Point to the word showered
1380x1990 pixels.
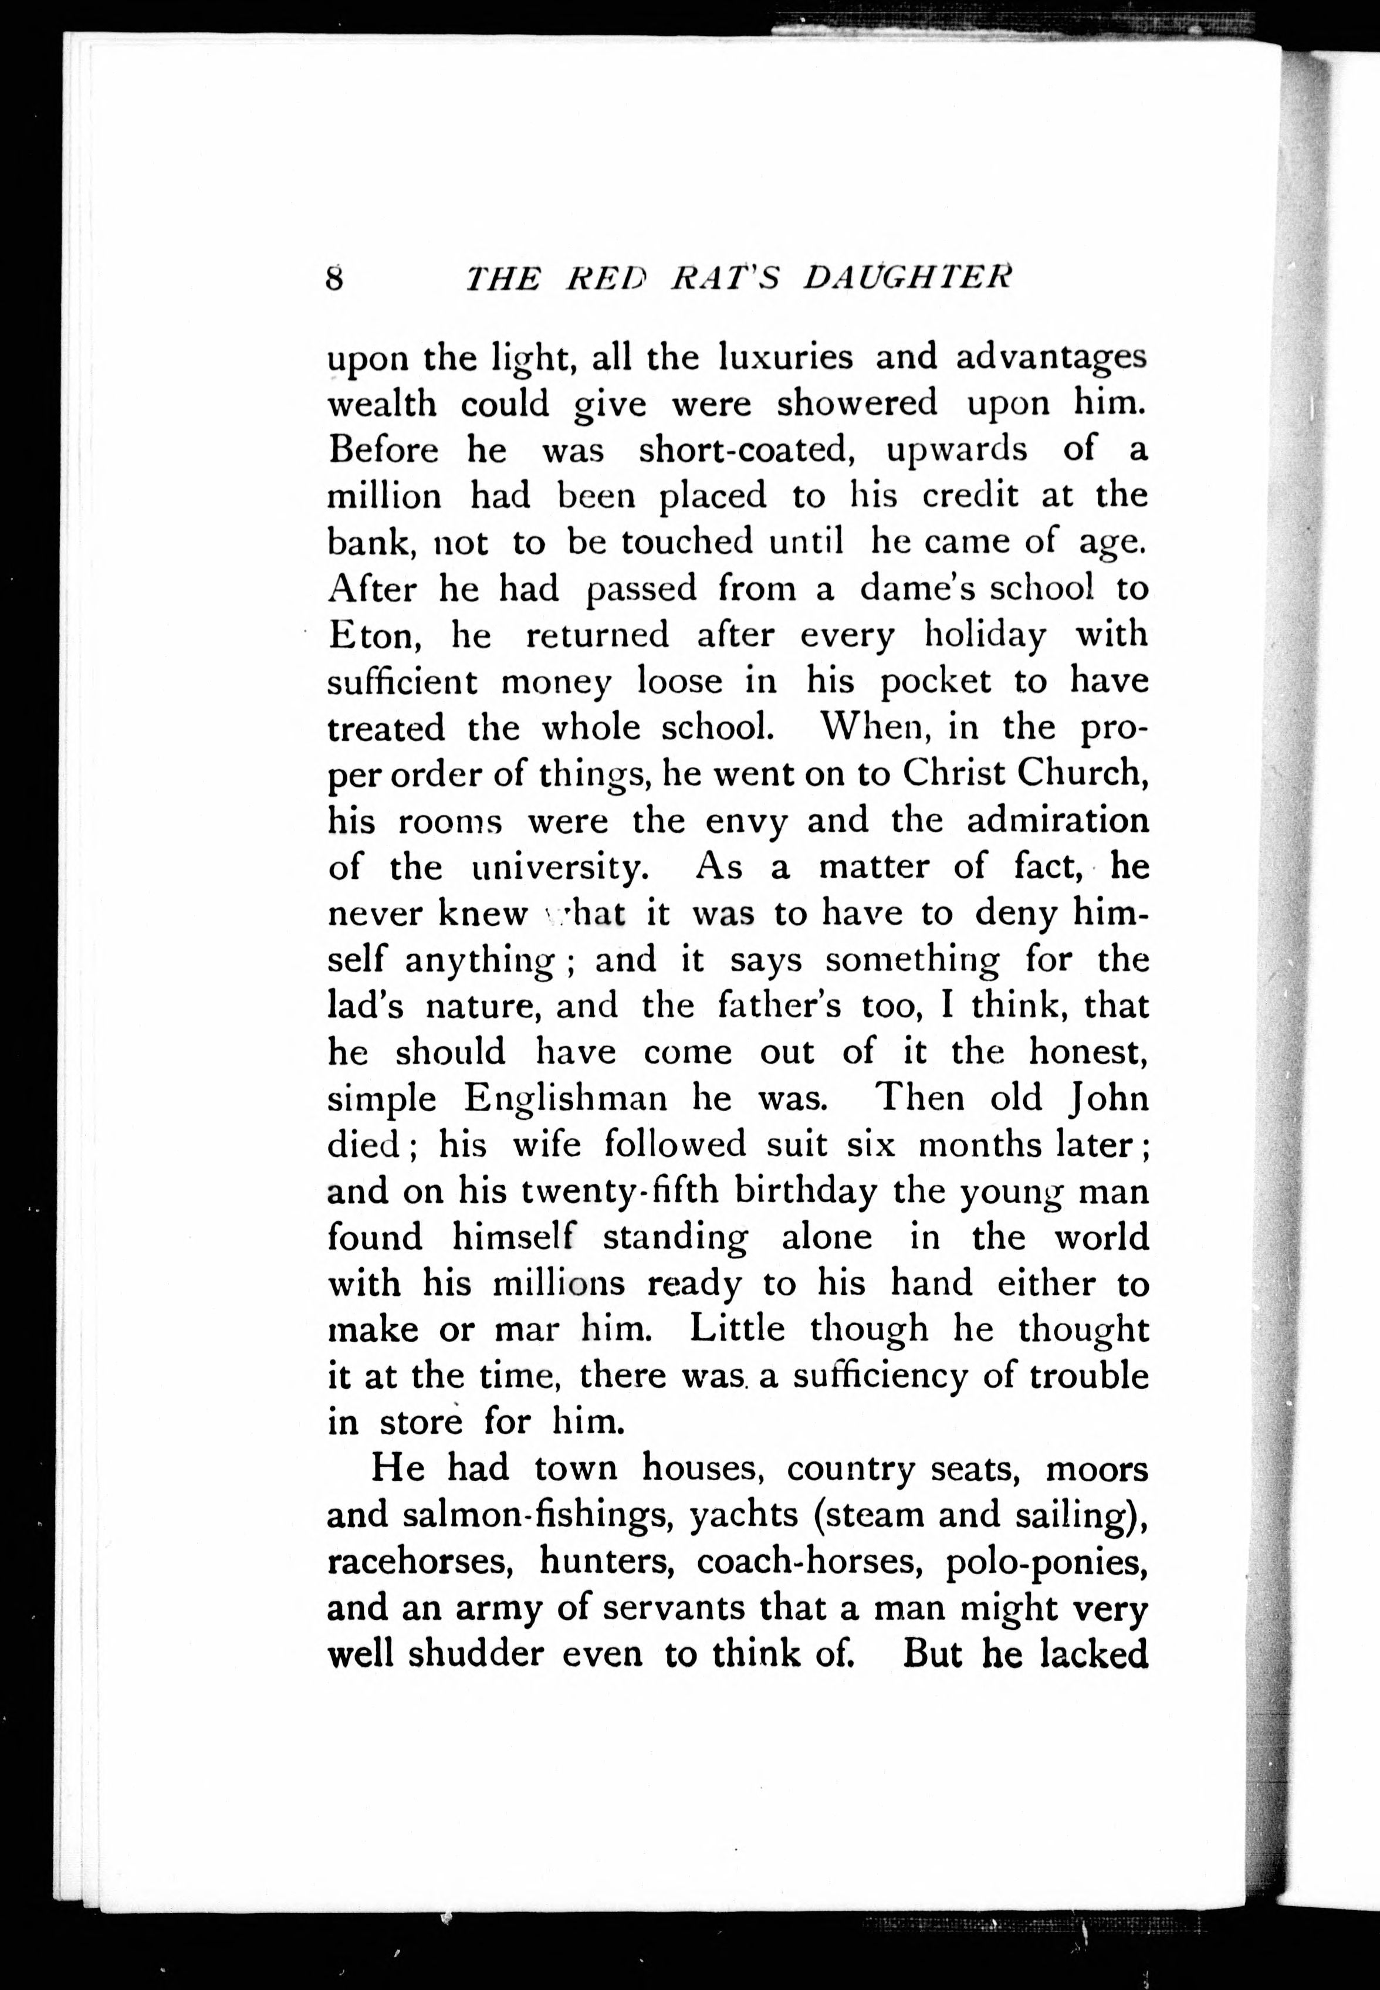tap(856, 403)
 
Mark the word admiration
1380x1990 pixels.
tap(1057, 820)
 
